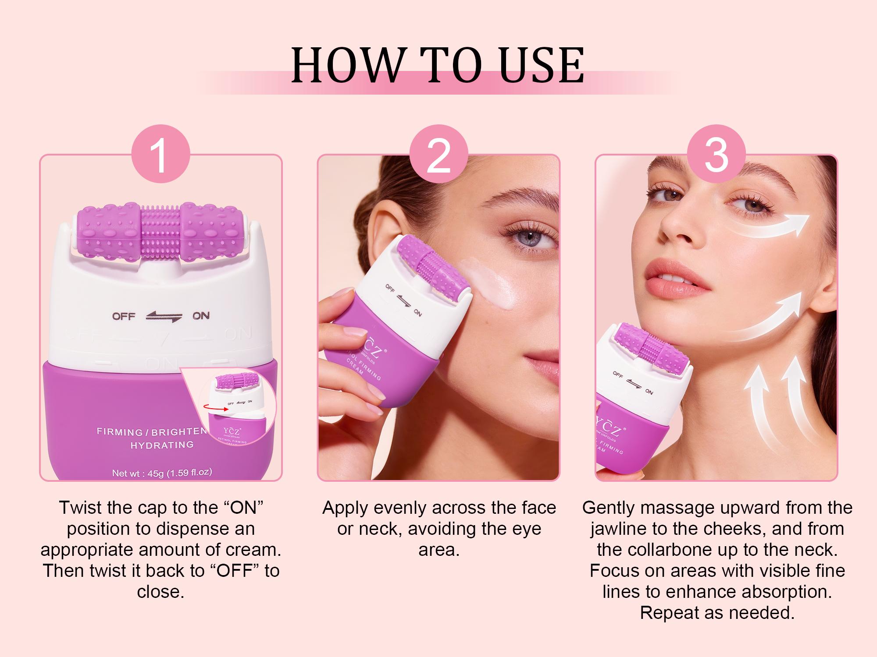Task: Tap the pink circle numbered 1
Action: (x=160, y=154)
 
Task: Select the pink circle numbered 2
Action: (x=438, y=154)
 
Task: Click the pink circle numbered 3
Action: (x=716, y=154)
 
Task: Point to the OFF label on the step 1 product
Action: (x=124, y=316)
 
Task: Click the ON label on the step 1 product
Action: (x=201, y=316)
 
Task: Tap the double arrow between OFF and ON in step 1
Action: (x=164, y=317)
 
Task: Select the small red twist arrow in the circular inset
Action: (x=214, y=408)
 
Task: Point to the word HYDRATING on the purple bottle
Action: (x=162, y=445)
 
